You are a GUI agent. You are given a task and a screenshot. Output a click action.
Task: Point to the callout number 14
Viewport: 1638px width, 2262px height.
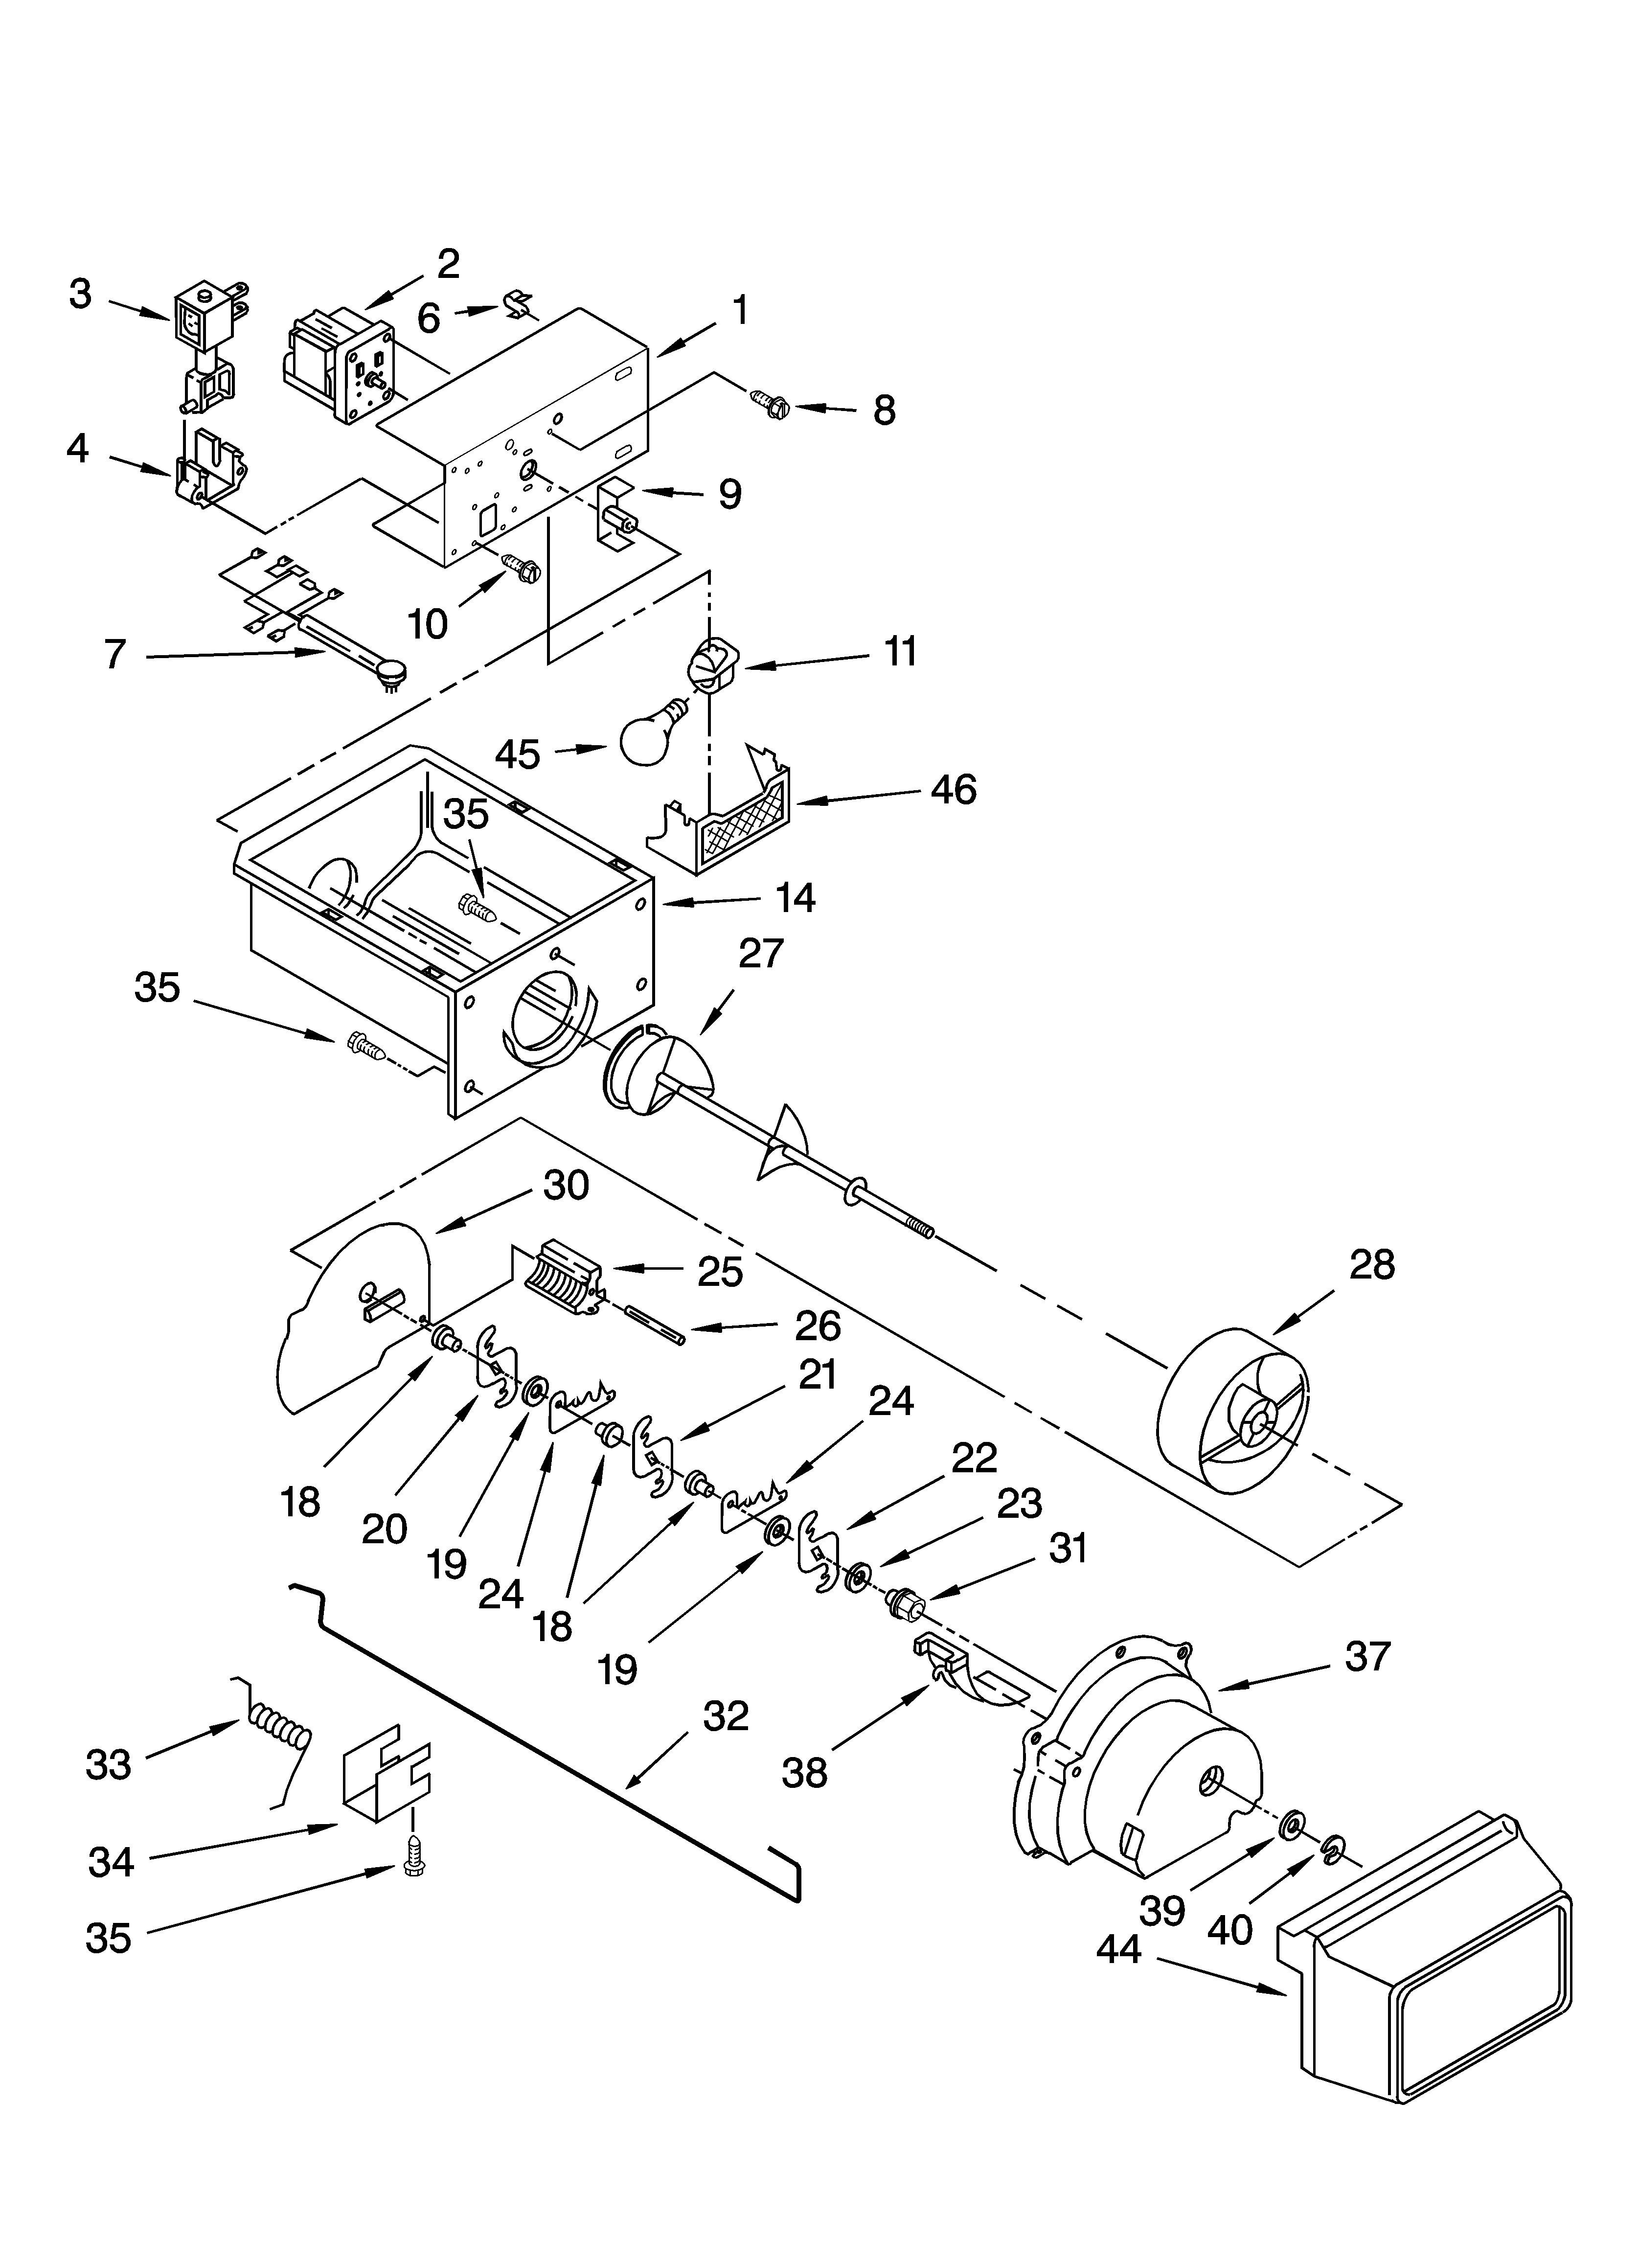click(795, 899)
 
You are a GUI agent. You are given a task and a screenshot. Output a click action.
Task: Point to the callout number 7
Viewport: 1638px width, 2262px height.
click(116, 654)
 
